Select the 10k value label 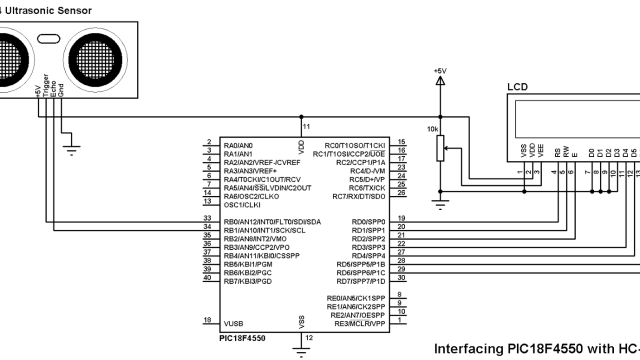[x=431, y=129]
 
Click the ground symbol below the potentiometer [x=441, y=205]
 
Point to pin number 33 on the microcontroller [x=206, y=217]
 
